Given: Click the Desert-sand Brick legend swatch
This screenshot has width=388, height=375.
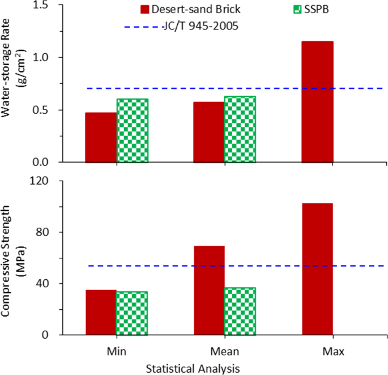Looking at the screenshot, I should click(144, 9).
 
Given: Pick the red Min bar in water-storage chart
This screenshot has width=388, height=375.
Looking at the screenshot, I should click(101, 138).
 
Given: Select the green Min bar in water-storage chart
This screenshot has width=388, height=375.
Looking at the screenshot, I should click(133, 131).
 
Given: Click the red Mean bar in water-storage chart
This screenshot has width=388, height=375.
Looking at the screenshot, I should click(209, 132).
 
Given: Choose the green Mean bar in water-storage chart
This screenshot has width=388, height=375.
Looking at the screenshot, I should click(240, 130).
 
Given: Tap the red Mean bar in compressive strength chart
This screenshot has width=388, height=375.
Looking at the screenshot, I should click(209, 290).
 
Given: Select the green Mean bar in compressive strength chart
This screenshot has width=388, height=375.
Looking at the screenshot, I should click(240, 312).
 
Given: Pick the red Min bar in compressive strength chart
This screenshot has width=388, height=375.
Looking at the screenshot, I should click(101, 312).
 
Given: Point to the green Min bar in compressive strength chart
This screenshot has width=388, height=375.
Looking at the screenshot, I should click(133, 313).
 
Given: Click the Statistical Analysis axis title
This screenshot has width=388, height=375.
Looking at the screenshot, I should click(192, 368).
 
